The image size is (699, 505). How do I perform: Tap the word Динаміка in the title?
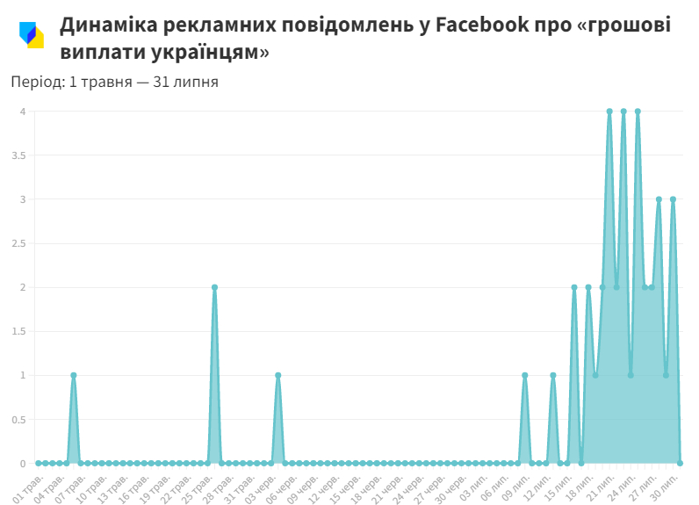[108, 25]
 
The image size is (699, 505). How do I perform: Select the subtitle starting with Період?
[114, 82]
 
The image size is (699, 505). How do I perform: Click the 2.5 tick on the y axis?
[18, 243]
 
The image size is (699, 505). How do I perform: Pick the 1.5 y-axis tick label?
[18, 331]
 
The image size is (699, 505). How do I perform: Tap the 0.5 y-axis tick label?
[18, 419]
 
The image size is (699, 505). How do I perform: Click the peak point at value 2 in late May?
[214, 287]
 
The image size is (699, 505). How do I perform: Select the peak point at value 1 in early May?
[74, 375]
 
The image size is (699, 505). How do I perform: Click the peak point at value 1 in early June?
[277, 375]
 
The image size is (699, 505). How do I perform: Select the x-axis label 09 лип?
[515, 486]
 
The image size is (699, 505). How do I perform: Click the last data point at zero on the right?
[680, 463]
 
